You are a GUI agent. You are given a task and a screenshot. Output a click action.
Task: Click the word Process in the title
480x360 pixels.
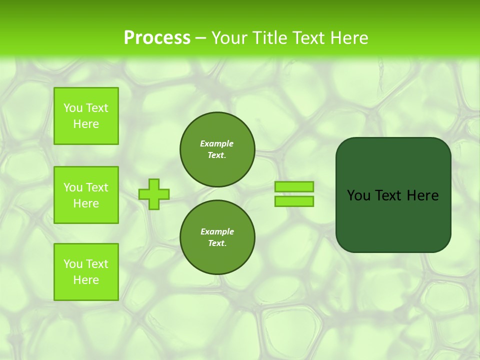pos(157,38)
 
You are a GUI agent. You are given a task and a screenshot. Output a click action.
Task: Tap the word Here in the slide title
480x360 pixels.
pos(348,38)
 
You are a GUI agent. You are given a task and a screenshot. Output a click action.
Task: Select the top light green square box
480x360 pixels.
pos(86,116)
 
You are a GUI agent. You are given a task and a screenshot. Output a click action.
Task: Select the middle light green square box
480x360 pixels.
pos(86,195)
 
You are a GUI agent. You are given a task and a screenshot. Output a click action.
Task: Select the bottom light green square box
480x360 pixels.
pos(86,272)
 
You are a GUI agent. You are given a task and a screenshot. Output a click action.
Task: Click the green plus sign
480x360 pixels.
pos(153,194)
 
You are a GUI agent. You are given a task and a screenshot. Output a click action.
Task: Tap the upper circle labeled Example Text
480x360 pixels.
pos(217,149)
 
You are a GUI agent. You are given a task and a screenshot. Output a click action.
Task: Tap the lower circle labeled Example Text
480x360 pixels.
pos(217,237)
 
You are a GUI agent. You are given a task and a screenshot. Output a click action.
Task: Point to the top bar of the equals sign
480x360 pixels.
pos(294,187)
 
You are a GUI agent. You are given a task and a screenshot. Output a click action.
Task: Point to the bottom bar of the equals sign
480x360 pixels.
pos(294,201)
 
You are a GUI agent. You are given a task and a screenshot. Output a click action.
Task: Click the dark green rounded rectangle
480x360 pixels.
pos(393,220)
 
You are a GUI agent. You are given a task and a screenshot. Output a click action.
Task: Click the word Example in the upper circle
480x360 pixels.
pos(217,143)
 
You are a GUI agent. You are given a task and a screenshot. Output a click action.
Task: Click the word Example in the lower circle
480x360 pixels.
pos(217,231)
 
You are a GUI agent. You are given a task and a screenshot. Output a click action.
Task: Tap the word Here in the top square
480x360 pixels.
pos(86,124)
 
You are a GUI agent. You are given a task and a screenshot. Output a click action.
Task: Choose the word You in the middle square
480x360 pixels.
pos(73,187)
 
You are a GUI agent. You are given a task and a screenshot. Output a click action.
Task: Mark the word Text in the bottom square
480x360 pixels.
pos(97,264)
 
